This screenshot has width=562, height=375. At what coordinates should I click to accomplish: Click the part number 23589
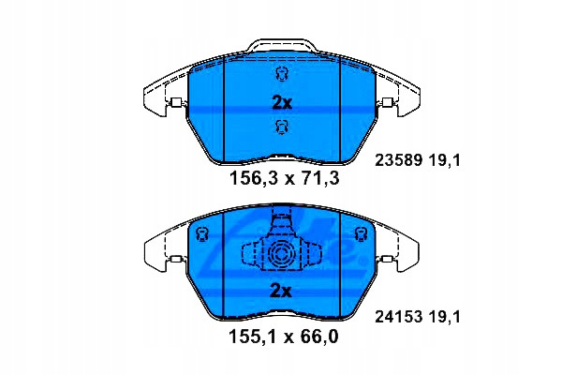[398, 160]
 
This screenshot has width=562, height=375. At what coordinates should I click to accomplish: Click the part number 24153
[398, 317]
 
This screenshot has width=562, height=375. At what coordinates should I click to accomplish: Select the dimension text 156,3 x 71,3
[284, 178]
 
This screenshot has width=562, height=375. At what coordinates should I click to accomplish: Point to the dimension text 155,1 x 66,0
[284, 337]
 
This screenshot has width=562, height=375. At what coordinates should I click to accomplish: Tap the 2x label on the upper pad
[282, 103]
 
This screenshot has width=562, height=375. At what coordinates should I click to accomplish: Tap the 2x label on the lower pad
[281, 291]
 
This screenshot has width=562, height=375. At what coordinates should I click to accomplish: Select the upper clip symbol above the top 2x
[281, 74]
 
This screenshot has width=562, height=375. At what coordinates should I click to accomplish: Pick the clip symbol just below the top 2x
[281, 127]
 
